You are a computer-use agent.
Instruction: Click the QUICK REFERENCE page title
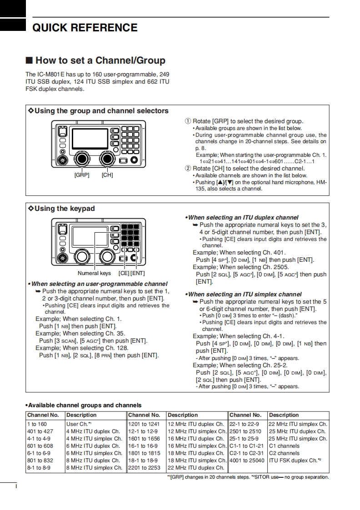[85, 28]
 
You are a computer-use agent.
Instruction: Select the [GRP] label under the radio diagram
[82, 175]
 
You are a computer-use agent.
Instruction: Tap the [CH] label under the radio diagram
[107, 175]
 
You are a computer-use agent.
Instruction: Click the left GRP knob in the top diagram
[82, 158]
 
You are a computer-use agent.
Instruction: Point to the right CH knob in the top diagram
[108, 158]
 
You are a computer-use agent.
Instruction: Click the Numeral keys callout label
[94, 273]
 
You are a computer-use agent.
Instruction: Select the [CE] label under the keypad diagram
[124, 273]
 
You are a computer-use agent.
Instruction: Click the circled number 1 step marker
[188, 121]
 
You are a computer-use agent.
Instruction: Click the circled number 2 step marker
[188, 169]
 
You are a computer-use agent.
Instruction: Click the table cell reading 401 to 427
[40, 431]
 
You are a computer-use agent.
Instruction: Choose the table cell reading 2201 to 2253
[144, 468]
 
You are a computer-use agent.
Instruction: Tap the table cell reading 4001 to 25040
[247, 460]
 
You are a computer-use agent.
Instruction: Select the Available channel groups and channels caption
[84, 405]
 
